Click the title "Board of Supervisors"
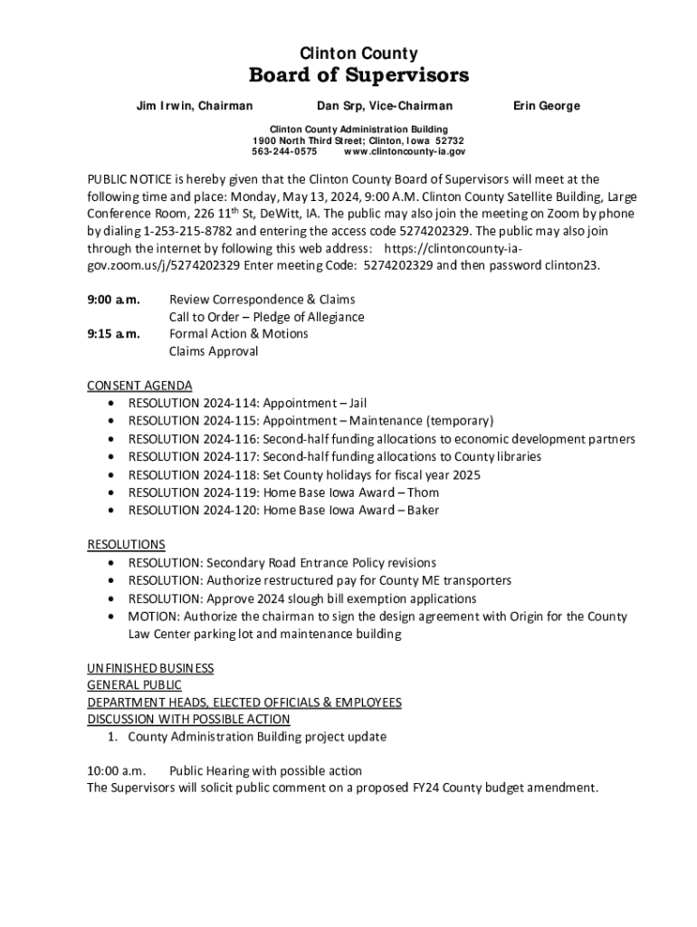pos(358,74)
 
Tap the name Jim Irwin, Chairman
pos(194,106)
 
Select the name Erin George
pos(547,106)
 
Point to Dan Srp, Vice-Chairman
pos(385,106)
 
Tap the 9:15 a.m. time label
pos(113,333)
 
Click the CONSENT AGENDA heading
pos(139,385)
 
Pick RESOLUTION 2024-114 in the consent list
pos(193,403)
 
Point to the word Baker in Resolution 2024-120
pos(423,510)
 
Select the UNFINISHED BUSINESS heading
pos(150,668)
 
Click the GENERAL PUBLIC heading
pos(134,685)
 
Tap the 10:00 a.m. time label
pos(116,770)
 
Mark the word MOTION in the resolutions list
pos(153,616)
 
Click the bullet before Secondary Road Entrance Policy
pos(110,563)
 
